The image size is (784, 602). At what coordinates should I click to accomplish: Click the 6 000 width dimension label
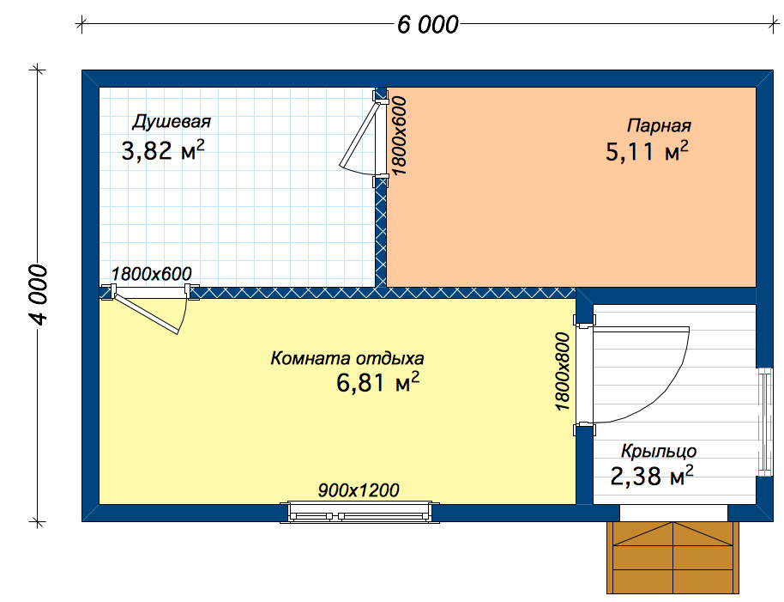pos(427,25)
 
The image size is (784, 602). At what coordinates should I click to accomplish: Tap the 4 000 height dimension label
pos(38,295)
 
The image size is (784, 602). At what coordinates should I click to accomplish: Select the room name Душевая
pos(172,122)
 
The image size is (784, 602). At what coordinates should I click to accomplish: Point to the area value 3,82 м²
pos(163,150)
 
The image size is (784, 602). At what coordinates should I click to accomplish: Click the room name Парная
pos(659,125)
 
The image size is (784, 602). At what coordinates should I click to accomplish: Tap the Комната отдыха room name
pos(347,358)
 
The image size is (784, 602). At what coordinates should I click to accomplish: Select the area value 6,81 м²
pos(378,383)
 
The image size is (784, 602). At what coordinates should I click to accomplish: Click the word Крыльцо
pos(659,452)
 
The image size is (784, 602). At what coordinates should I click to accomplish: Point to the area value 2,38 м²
pos(652,476)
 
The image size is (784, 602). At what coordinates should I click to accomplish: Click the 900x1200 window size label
pos(359,490)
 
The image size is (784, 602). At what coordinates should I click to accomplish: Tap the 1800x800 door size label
pos(563,371)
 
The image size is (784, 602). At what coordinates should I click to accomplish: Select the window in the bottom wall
pos(359,513)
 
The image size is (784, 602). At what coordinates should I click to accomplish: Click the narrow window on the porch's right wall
pos(764,422)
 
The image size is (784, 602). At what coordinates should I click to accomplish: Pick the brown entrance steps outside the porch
pos(673,557)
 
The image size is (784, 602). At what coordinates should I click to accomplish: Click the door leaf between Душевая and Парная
pos(359,133)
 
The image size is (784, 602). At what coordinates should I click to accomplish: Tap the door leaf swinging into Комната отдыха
pos(147,313)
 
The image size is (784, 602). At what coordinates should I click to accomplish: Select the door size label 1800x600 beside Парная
pos(399,135)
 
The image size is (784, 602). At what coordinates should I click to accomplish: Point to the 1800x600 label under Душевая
pos(151,274)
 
